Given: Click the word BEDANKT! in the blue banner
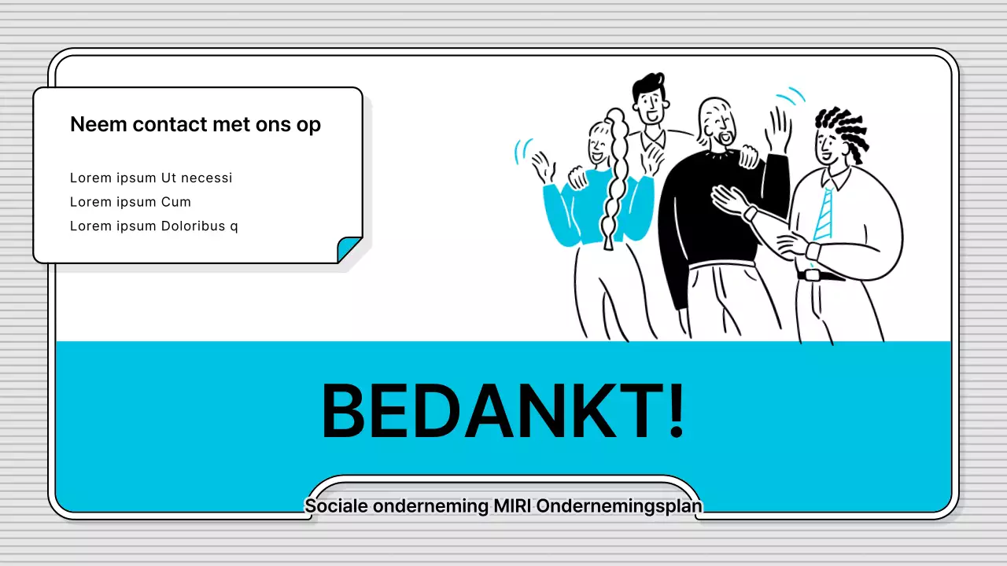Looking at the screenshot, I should [502, 411].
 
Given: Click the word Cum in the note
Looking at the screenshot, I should [176, 202].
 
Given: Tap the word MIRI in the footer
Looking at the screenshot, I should [512, 506].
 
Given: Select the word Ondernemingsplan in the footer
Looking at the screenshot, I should [618, 506].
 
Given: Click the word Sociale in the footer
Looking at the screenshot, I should [336, 506].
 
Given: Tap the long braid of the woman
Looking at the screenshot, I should [613, 185].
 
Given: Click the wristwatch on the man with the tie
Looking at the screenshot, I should [813, 251].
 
